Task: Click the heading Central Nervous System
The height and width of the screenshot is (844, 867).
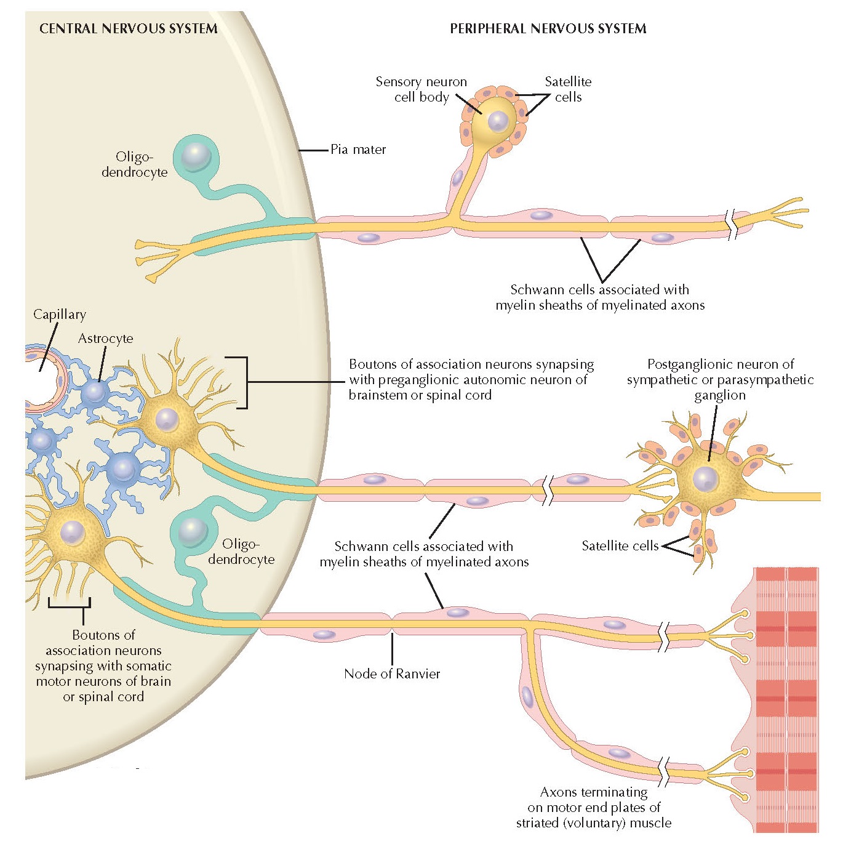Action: pos(128,28)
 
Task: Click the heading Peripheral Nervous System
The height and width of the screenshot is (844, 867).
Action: pos(548,28)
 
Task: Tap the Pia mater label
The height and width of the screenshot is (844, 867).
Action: pos(358,150)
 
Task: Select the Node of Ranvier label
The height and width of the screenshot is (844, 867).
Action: pos(392,673)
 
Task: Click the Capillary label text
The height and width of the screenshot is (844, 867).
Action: pos(60,314)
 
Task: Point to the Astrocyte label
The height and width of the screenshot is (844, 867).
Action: pos(105,339)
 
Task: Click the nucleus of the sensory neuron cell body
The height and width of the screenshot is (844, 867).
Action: pos(498,122)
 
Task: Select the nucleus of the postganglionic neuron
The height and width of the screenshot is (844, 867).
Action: pos(705,479)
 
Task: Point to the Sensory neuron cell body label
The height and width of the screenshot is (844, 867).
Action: pos(422,89)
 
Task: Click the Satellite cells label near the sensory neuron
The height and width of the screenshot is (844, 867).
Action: pos(568,89)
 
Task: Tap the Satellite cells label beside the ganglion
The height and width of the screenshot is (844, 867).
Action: pos(620,545)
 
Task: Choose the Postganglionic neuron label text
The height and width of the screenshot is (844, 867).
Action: pos(720,379)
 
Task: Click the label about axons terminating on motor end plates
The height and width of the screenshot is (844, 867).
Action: pos(594,807)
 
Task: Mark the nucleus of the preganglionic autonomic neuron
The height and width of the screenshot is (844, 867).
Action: pos(167,420)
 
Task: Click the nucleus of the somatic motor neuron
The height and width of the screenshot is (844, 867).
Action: pos(73,532)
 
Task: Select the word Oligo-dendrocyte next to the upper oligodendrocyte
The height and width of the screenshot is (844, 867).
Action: pos(134,164)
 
